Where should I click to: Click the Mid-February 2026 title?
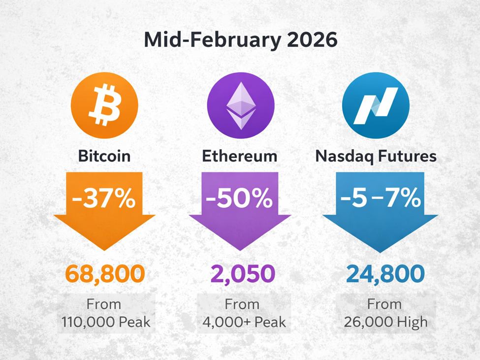[x=240, y=40]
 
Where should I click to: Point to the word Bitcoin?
[x=104, y=156]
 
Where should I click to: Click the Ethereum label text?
[x=240, y=156]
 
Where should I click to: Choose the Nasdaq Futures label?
[x=376, y=156]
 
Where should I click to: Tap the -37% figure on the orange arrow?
[x=104, y=199]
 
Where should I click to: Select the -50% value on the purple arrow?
[x=239, y=199]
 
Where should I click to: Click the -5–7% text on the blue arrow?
[x=380, y=199]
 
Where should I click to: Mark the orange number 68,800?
[x=105, y=274]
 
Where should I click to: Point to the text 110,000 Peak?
[x=105, y=323]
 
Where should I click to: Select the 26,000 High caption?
[x=386, y=323]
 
